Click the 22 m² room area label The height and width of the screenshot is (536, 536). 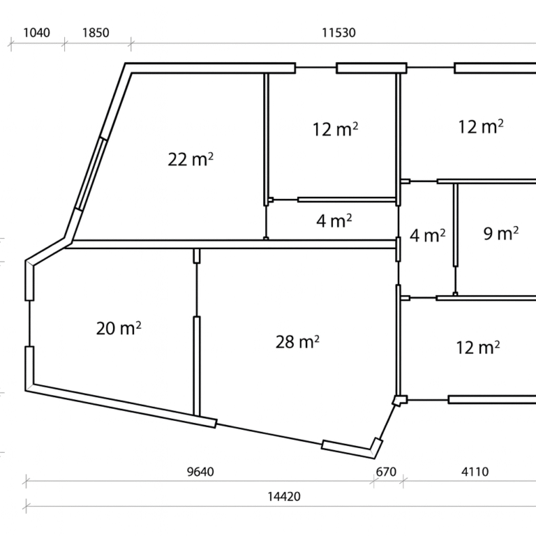click(191, 159)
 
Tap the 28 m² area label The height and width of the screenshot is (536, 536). click(297, 341)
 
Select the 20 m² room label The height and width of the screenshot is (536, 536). click(119, 328)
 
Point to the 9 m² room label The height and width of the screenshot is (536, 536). click(501, 234)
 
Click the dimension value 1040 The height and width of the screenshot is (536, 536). click(36, 33)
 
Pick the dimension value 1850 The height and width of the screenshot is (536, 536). click(96, 33)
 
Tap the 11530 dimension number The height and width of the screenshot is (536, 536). click(338, 33)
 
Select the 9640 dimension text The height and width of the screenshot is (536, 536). click(201, 472)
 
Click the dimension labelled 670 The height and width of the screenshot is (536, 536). click(386, 472)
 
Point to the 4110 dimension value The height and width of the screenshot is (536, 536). click(475, 472)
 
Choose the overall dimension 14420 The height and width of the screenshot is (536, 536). click(284, 496)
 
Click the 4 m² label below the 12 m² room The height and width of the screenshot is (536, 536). click(334, 221)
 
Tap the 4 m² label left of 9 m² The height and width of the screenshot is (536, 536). click(428, 235)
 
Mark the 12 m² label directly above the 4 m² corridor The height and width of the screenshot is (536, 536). click(335, 129)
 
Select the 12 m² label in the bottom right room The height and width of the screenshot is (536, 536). click(478, 348)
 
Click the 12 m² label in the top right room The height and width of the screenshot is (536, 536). click(481, 126)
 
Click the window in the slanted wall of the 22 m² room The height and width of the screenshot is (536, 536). click(91, 174)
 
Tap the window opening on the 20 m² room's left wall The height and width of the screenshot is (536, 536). click(29, 323)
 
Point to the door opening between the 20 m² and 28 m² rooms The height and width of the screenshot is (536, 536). click(197, 290)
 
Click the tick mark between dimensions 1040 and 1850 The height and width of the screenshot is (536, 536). click(65, 44)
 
